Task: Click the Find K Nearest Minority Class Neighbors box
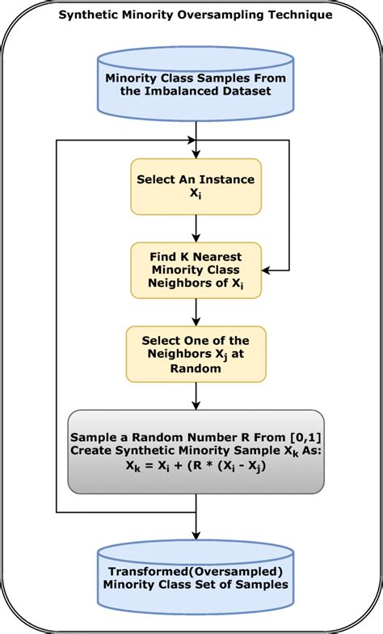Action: coord(196,268)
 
